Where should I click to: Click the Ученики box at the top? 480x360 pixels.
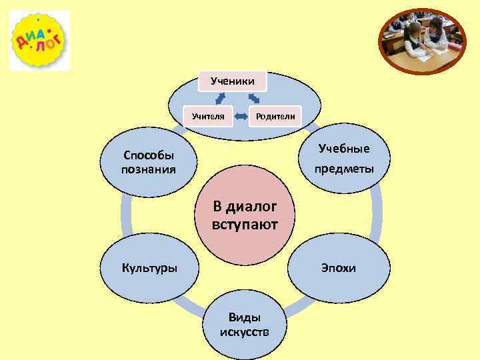click(x=232, y=81)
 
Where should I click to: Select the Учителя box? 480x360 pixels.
click(x=207, y=116)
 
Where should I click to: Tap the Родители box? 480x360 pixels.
click(x=274, y=116)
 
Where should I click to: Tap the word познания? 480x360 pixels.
click(x=149, y=169)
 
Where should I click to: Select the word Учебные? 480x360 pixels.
click(x=344, y=148)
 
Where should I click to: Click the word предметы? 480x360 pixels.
click(x=344, y=169)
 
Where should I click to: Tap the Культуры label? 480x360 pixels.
click(x=149, y=269)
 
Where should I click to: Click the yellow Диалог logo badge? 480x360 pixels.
click(x=39, y=40)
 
